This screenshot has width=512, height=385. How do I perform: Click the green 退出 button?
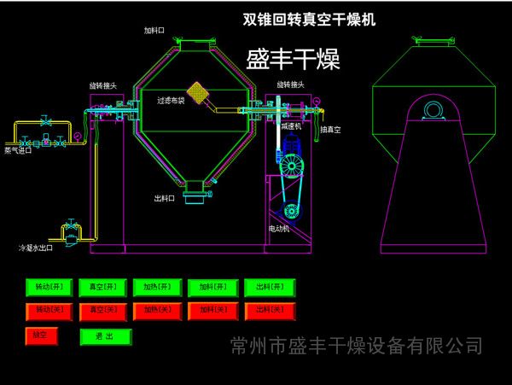(x=106, y=336)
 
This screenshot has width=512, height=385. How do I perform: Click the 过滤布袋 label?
(x=170, y=100)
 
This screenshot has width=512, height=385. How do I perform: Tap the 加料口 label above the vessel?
(x=154, y=31)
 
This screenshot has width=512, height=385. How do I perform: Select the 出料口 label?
(x=164, y=197)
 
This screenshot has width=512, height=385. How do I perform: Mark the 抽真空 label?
(x=330, y=130)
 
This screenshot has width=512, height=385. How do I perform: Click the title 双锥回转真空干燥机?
(x=309, y=19)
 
